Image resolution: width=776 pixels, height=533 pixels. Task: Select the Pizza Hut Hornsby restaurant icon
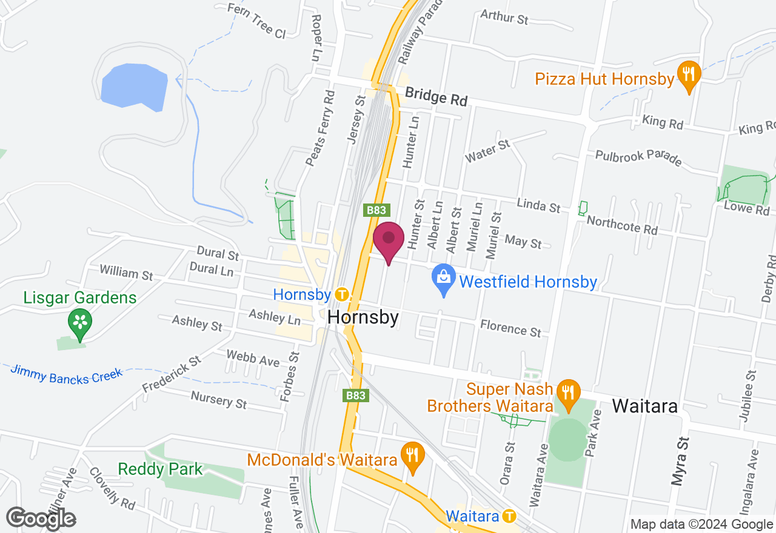[x=688, y=75]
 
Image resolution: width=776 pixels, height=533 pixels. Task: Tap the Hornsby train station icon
[x=342, y=295]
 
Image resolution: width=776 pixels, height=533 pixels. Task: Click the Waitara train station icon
[x=509, y=516]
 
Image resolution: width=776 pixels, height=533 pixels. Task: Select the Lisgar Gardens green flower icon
[x=79, y=322]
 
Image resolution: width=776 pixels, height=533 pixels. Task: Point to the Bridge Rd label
[x=436, y=96]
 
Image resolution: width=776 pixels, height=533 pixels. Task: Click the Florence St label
[x=510, y=328]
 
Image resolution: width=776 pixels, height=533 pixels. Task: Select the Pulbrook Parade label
[x=638, y=157]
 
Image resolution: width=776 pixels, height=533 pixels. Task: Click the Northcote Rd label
[x=622, y=225]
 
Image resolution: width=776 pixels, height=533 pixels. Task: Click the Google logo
[x=41, y=519]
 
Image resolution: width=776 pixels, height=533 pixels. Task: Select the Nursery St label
[x=219, y=400]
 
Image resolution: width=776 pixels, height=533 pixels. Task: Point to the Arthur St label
[x=504, y=17]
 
